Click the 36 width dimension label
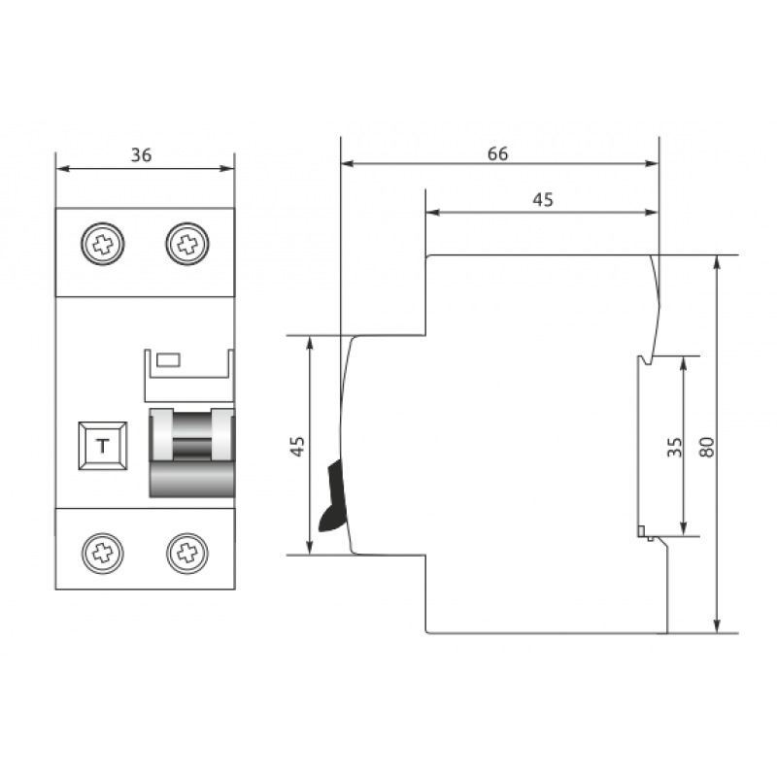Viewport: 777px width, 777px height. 141,155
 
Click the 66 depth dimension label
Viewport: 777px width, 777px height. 498,154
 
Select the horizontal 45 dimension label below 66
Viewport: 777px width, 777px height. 543,200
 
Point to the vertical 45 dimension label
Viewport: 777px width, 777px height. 297,447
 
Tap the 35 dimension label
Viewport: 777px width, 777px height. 674,447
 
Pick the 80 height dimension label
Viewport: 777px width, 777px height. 707,447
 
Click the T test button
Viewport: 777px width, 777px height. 103,446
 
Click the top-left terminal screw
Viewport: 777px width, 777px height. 103,244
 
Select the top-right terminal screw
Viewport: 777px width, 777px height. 187,244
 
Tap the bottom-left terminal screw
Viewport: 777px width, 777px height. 103,553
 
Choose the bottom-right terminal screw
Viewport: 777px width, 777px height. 187,553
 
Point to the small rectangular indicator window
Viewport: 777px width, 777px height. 168,360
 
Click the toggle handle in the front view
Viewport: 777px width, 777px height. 192,453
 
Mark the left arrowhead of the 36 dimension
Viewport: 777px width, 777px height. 62,168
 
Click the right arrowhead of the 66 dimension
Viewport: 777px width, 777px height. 652,163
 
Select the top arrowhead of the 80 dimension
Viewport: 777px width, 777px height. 717,262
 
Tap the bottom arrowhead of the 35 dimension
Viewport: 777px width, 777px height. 684,528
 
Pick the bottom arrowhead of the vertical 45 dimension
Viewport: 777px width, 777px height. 310,547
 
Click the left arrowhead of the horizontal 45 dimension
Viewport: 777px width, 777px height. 432,213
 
